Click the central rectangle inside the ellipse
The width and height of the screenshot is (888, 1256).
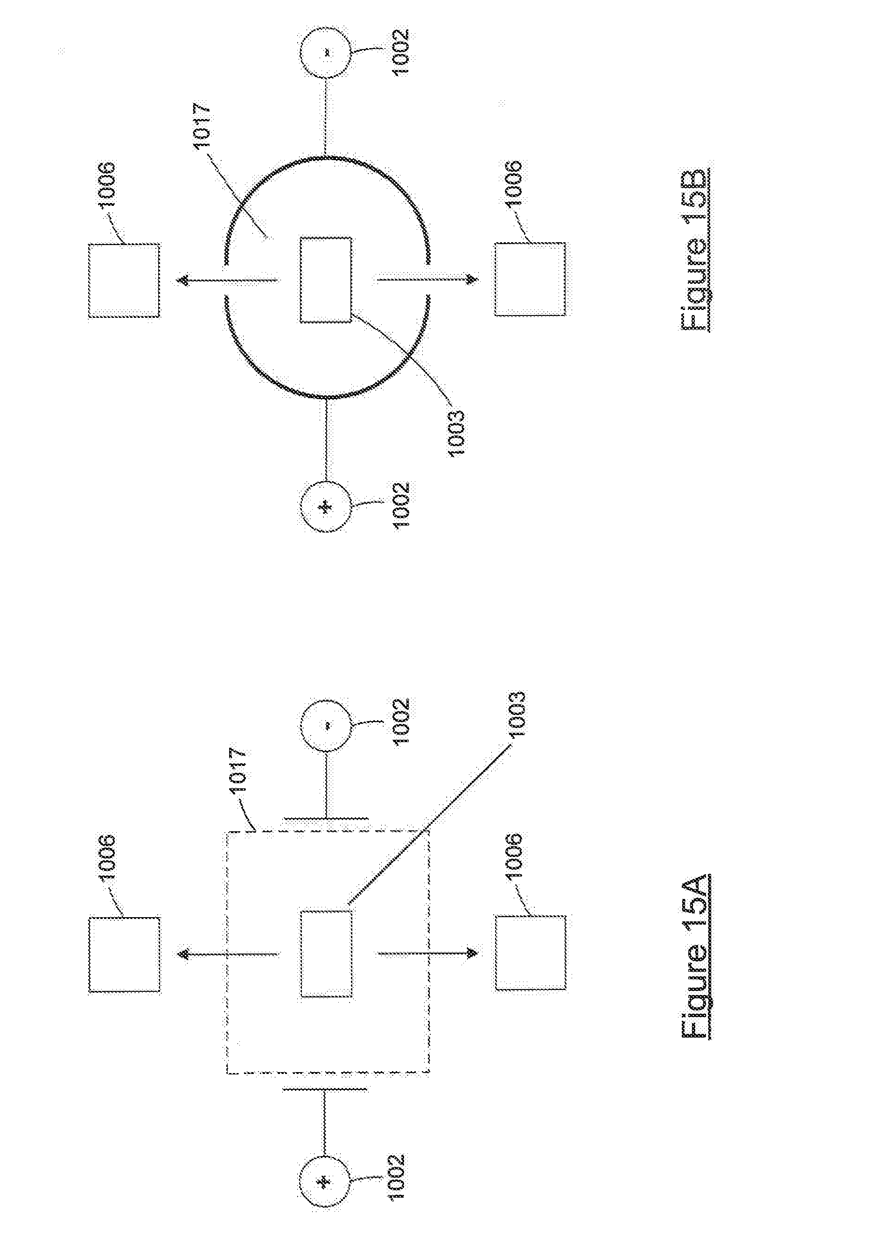[325, 280]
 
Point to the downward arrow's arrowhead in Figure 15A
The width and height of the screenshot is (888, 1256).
[471, 954]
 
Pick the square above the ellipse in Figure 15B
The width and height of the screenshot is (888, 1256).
[124, 281]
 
